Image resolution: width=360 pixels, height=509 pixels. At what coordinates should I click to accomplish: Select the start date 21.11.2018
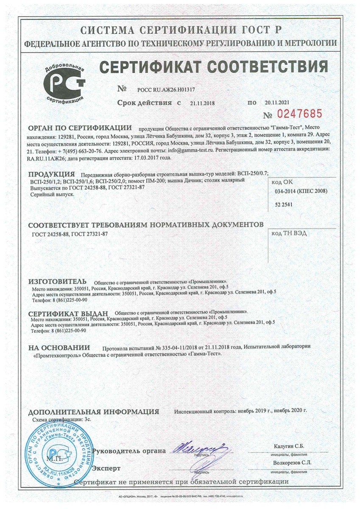click(203, 103)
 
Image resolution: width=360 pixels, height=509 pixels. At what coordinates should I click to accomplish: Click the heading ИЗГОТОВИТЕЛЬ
click(57, 282)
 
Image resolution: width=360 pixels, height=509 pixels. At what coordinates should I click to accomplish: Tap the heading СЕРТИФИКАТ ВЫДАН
click(68, 313)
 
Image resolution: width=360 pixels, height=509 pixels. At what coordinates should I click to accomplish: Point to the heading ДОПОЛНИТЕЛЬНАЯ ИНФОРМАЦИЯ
click(94, 412)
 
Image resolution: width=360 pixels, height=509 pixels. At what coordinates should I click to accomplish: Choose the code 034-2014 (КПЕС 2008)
click(301, 191)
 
